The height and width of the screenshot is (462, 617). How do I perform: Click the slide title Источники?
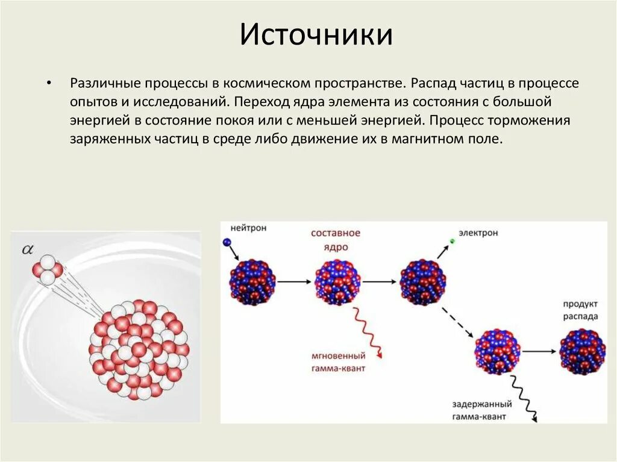point(316,35)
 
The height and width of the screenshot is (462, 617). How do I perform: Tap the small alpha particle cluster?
point(47,269)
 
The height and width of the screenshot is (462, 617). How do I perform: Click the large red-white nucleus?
point(139,349)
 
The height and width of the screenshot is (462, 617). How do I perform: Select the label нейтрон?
point(248,229)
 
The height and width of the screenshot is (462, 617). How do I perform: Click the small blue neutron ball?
point(227,242)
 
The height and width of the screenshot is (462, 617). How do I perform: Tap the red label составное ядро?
point(336,239)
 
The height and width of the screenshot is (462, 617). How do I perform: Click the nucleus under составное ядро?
point(337,281)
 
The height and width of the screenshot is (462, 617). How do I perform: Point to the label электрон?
point(478,233)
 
